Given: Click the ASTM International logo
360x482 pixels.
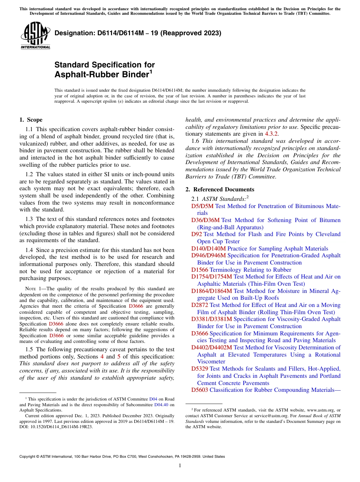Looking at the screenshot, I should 35,35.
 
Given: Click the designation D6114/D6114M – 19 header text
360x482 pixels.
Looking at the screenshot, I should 138,33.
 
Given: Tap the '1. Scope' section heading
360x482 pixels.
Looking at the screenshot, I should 31,120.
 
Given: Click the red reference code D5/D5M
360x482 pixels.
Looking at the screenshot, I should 202,206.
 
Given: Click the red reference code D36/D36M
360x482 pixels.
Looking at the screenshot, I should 205,220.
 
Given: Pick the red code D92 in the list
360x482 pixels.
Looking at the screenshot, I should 197,234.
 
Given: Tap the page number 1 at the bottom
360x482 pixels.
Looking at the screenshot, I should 180,465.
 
